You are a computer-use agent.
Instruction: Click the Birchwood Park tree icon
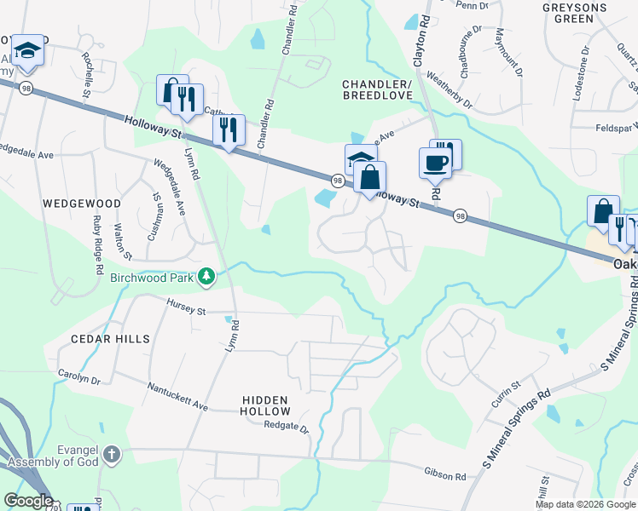pyautogui.click(x=206, y=277)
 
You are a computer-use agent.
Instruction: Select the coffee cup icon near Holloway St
pyautogui.click(x=435, y=163)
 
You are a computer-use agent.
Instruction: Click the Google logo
pyautogui.click(x=28, y=501)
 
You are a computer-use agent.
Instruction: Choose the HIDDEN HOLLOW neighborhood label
pyautogui.click(x=264, y=406)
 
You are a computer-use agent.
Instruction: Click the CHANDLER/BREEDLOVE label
pyautogui.click(x=377, y=90)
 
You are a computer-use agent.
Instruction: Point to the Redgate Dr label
pyautogui.click(x=286, y=425)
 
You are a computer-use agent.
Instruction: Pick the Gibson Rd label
pyautogui.click(x=444, y=472)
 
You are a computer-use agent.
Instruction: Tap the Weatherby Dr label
pyautogui.click(x=449, y=93)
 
